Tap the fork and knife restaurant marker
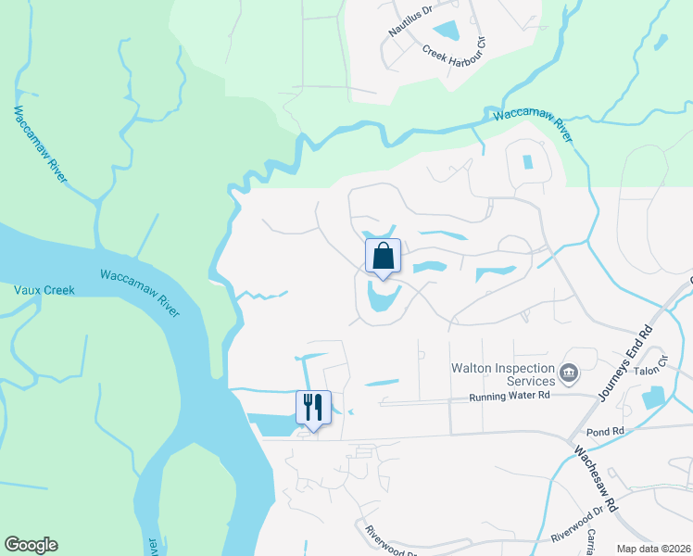click(x=312, y=409)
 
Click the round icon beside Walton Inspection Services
click(x=568, y=374)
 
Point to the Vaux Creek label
click(x=44, y=290)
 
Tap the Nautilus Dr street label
click(x=410, y=20)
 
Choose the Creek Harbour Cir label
click(x=455, y=55)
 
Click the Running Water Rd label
click(x=510, y=396)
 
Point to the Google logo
click(x=31, y=545)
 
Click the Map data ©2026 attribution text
click(x=653, y=548)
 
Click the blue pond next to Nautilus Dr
click(x=447, y=32)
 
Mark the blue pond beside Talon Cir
click(x=651, y=398)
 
